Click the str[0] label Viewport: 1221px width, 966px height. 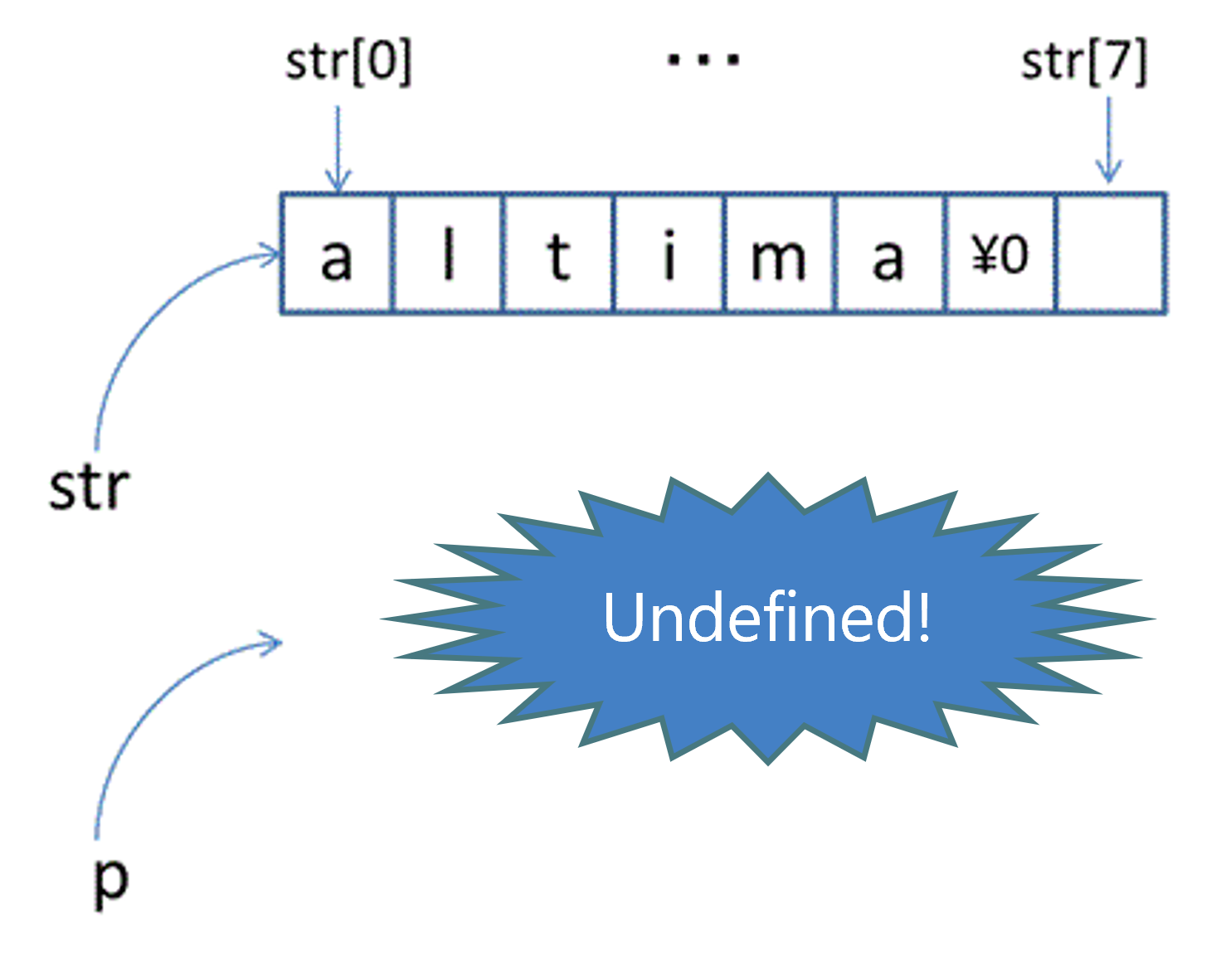pyautogui.click(x=348, y=62)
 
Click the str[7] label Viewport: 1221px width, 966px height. pyautogui.click(x=1084, y=62)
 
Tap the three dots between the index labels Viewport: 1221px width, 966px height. pyautogui.click(x=703, y=59)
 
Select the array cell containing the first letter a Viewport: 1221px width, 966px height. pyautogui.click(x=336, y=255)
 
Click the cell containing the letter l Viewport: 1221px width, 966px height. pyautogui.click(x=448, y=255)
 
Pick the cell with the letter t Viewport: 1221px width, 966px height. pyautogui.click(x=558, y=255)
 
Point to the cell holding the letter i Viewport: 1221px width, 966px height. pyautogui.click(x=669, y=255)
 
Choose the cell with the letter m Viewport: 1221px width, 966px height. pyautogui.click(x=779, y=255)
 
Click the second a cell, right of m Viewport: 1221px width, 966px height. pyautogui.click(x=889, y=255)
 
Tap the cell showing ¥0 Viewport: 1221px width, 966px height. pyautogui.click(x=1000, y=255)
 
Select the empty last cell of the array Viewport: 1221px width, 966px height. pyautogui.click(x=1111, y=255)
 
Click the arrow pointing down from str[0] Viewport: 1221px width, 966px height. pyautogui.click(x=338, y=149)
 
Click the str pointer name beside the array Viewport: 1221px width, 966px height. pyautogui.click(x=89, y=488)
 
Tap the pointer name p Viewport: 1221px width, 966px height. pyautogui.click(x=111, y=881)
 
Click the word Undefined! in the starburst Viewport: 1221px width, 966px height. pyautogui.click(x=767, y=618)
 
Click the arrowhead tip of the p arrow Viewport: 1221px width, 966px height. pyautogui.click(x=280, y=643)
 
